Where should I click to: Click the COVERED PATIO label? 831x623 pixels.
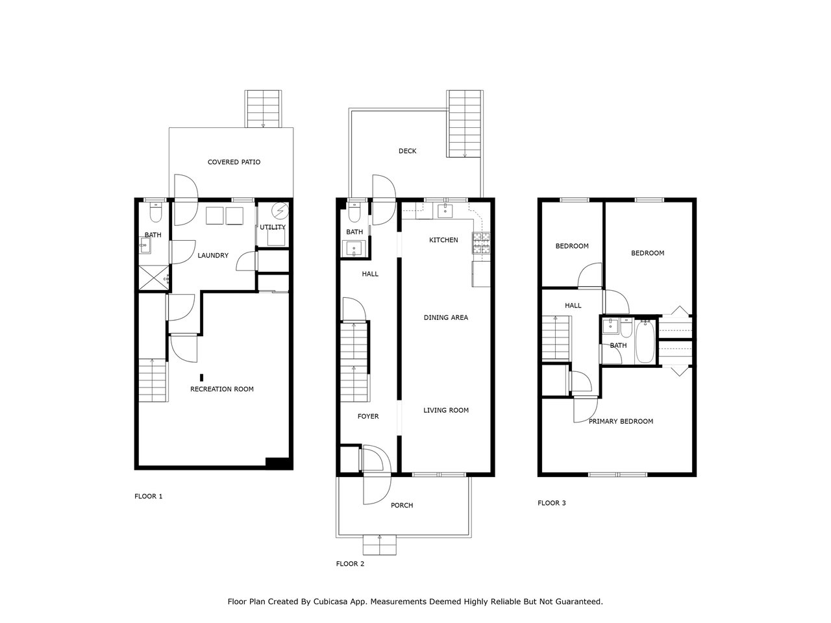[234, 162]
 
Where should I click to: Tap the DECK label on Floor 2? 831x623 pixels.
[407, 151]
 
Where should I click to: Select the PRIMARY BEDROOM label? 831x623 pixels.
[621, 421]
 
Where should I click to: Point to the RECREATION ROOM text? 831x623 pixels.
[222, 389]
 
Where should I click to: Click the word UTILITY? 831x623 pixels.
[273, 227]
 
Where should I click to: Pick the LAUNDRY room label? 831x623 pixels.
[213, 255]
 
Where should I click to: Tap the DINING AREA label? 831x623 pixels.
[446, 317]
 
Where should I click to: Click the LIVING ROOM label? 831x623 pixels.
[446, 410]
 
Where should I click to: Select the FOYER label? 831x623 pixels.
[368, 416]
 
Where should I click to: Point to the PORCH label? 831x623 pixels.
[402, 505]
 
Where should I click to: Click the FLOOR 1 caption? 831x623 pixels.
[149, 496]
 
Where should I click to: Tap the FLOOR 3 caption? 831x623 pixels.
[552, 503]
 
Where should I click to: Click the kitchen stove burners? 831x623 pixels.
[481, 243]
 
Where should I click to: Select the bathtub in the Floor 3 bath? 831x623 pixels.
[645, 341]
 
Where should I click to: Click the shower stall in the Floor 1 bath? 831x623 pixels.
[154, 278]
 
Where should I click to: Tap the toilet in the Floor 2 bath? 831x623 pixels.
[354, 214]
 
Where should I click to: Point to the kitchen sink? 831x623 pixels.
[445, 210]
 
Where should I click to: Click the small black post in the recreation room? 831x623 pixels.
[201, 378]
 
